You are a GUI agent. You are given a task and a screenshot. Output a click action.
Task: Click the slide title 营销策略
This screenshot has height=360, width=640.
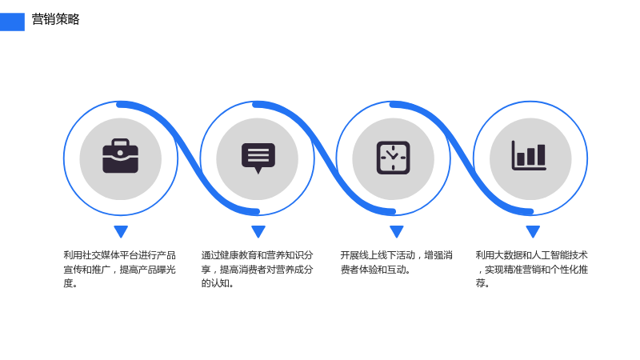pos(55,19)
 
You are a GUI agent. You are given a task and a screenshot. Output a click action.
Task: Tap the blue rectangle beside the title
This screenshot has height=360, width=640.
pos(12,22)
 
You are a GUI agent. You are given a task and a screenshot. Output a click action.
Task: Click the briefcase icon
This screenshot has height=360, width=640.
pos(121,156)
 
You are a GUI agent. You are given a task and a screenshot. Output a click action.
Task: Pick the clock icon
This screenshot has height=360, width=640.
pos(393,158)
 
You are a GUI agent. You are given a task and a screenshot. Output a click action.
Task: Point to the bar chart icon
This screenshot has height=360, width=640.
pos(529,155)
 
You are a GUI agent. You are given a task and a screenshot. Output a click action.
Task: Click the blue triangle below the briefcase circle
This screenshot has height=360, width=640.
pos(121,231)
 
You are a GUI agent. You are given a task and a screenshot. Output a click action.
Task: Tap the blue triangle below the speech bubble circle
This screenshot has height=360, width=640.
pos(258,231)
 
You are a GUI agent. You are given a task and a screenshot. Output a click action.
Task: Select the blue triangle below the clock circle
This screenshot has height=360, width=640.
pos(396,231)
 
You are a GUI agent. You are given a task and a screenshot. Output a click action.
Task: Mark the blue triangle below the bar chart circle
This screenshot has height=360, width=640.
pos(533,231)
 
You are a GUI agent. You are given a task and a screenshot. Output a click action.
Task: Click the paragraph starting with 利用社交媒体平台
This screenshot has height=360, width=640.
pos(119,269)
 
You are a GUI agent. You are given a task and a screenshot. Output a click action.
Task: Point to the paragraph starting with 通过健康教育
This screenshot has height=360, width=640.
pos(257,269)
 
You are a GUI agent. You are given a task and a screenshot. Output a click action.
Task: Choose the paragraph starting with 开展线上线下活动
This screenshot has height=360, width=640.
pos(396,262)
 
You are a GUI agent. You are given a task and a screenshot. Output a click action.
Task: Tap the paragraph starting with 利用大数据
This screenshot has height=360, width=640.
pos(532,269)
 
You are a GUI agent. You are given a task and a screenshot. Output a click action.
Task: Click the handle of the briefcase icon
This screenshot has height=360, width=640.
pos(121,142)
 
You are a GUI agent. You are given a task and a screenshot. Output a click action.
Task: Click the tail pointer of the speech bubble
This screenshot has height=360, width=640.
pos(258,170)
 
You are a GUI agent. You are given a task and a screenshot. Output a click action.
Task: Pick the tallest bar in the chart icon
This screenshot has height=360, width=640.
pos(541,154)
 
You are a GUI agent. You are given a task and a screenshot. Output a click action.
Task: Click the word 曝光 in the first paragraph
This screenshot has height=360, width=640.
pos(157,270)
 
